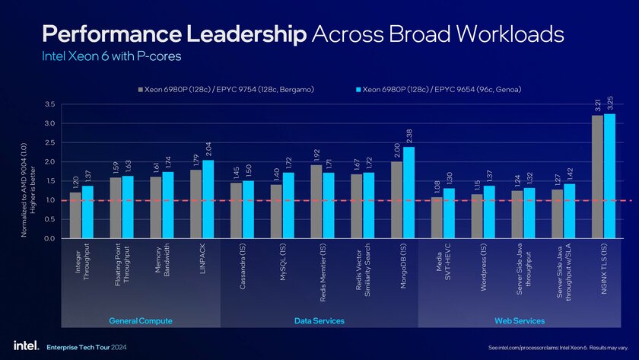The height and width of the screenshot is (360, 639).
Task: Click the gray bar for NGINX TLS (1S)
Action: [597, 177]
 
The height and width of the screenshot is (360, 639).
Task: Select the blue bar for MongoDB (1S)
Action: [409, 193]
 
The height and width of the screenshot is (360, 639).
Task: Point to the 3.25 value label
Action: [611, 103]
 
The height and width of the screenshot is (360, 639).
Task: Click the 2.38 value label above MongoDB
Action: [409, 136]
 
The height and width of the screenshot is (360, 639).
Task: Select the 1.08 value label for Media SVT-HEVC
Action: [437, 186]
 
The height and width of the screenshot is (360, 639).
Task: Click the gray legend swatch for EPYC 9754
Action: [140, 91]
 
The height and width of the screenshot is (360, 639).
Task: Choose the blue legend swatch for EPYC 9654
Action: [358, 91]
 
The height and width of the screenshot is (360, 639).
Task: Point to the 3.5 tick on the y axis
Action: [49, 104]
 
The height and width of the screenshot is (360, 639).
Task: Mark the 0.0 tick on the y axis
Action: [49, 238]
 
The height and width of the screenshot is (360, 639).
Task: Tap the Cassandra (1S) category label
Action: [242, 266]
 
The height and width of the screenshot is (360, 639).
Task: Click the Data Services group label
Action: [319, 321]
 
